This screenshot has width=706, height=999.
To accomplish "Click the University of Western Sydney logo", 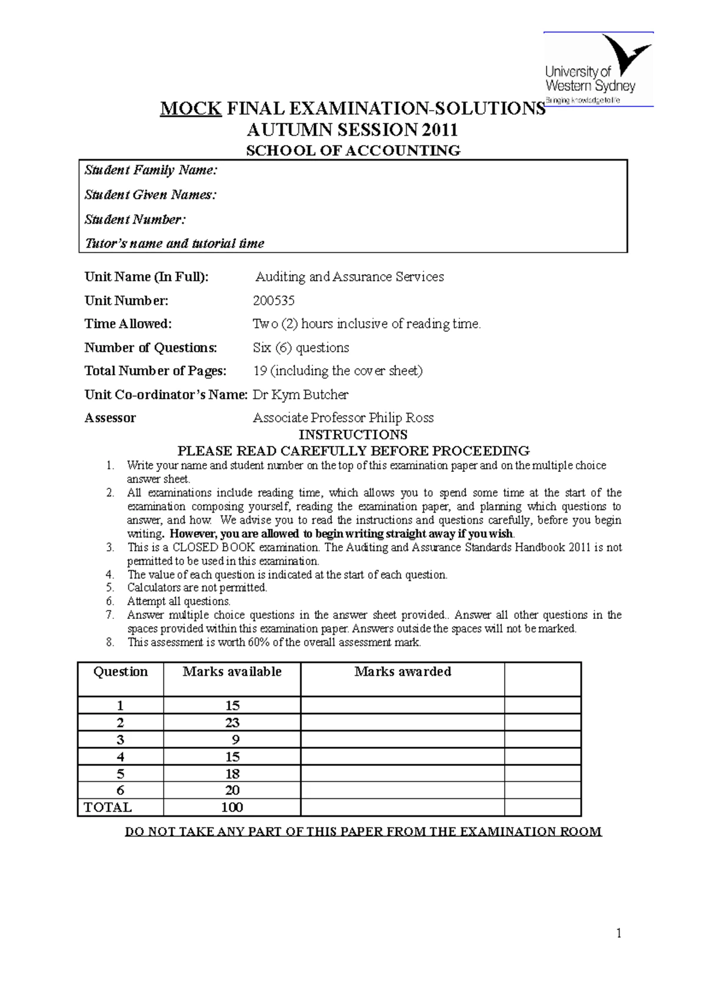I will point(598,69).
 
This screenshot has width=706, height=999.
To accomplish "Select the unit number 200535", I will point(274,301).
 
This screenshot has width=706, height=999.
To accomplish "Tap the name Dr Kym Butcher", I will point(301,395).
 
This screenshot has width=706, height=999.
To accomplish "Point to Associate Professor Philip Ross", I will point(343,418).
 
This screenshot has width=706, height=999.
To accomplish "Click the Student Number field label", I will point(135,219).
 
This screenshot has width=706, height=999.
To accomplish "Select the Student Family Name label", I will point(151,170).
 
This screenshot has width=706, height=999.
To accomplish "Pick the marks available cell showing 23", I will point(232,722).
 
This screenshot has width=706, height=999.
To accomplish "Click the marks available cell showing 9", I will point(235,740).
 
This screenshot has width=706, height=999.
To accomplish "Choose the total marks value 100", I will point(232,807).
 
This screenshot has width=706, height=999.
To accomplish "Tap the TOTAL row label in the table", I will point(108,807).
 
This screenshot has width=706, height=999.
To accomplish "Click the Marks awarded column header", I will point(402,672).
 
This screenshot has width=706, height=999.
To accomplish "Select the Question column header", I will point(121,672).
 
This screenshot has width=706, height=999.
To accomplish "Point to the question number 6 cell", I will point(121,790).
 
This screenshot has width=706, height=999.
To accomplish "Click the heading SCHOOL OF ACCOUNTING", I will point(353,151).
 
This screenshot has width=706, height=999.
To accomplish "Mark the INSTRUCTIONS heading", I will point(353,435).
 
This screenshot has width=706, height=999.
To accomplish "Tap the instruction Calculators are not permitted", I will point(197,588).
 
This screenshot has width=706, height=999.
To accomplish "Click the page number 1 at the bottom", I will point(618,933).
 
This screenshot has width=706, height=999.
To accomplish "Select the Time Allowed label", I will point(128,324).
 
